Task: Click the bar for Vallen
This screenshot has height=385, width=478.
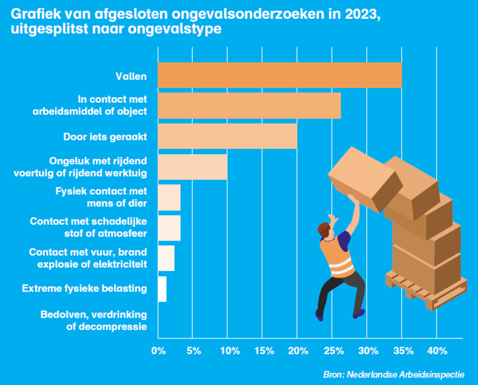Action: click(x=279, y=75)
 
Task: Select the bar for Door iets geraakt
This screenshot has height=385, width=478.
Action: click(x=227, y=136)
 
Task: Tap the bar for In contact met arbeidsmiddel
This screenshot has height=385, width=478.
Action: click(x=249, y=106)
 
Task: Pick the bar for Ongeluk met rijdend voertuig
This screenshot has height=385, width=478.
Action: click(x=192, y=167)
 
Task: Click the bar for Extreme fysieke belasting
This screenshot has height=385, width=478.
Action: click(x=162, y=289)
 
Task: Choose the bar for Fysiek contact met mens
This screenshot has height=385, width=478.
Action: click(x=169, y=197)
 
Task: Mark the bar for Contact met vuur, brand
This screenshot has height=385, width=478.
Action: click(x=166, y=258)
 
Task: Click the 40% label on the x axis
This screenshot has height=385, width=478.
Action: click(x=437, y=351)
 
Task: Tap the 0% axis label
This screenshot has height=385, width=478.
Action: click(x=158, y=351)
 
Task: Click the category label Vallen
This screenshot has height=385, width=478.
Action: click(x=131, y=76)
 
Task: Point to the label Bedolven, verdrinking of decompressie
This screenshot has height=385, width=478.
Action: click(x=94, y=320)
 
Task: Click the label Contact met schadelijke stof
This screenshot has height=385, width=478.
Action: click(x=88, y=228)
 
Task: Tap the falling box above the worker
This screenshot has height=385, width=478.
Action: click(x=362, y=178)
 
